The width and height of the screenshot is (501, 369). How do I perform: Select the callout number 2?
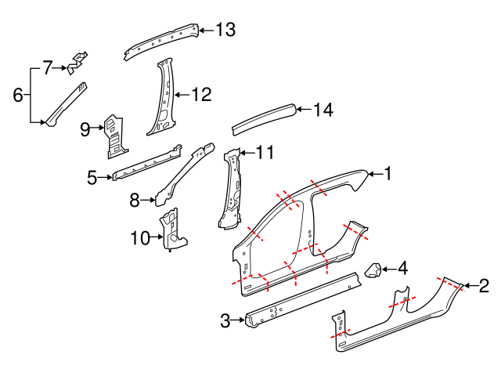click(484, 287)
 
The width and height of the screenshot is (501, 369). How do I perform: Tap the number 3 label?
click(225, 320)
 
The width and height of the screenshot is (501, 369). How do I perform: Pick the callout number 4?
click(402, 269)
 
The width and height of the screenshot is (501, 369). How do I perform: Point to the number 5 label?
click(92, 178)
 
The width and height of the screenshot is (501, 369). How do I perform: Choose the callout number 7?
click(47, 68)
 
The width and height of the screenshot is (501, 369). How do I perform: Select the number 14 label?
click(323, 110)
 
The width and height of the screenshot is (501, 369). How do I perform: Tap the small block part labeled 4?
click(373, 271)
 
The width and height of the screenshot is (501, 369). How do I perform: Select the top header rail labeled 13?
click(160, 39)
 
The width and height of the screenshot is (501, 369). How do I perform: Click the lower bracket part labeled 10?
click(170, 228)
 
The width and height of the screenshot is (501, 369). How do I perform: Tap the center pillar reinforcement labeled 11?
click(231, 188)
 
